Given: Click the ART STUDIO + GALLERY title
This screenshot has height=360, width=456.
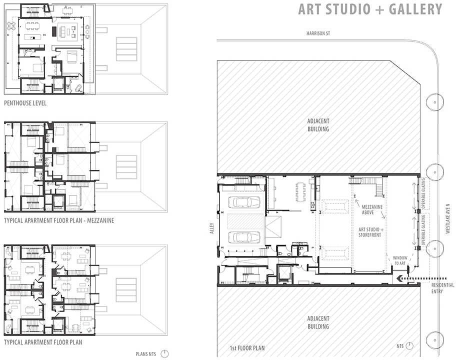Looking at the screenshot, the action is click(370, 9).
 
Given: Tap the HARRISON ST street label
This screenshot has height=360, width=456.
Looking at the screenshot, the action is click(318, 33).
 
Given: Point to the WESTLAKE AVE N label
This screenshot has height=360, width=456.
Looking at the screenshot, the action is click(448, 218).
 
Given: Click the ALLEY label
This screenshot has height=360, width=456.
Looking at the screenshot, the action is click(211, 228).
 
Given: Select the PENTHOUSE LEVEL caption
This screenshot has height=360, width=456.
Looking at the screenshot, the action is click(25, 103).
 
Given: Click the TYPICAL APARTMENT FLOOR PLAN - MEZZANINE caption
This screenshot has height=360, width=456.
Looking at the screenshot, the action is click(59, 220).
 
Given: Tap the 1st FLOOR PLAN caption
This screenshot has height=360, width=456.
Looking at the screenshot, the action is click(247, 348).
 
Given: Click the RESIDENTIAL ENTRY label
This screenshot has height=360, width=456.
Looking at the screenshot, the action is click(442, 288).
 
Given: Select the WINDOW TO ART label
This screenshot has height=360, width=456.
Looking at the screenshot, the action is click(400, 260).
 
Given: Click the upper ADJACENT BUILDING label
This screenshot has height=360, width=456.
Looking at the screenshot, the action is click(318, 125).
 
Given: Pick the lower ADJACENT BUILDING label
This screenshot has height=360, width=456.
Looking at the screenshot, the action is click(318, 322).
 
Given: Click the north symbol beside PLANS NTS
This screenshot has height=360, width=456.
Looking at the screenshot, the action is click(164, 354).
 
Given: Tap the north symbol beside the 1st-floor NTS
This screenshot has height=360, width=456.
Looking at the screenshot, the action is click(410, 346).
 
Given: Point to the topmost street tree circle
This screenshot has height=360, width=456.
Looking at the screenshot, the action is click(435, 102).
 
